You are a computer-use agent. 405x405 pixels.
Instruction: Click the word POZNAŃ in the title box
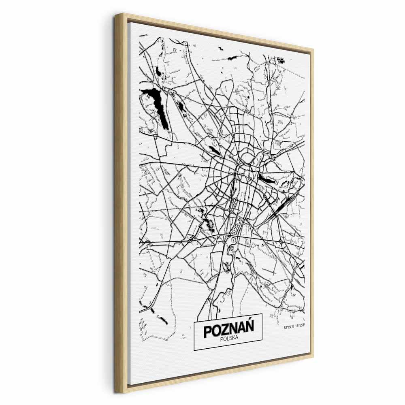point(228,330)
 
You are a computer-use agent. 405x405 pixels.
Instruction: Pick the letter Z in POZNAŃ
point(225,331)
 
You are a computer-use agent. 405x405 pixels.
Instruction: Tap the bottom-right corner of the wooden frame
point(313,357)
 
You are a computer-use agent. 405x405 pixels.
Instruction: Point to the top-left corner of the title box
point(194,323)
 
